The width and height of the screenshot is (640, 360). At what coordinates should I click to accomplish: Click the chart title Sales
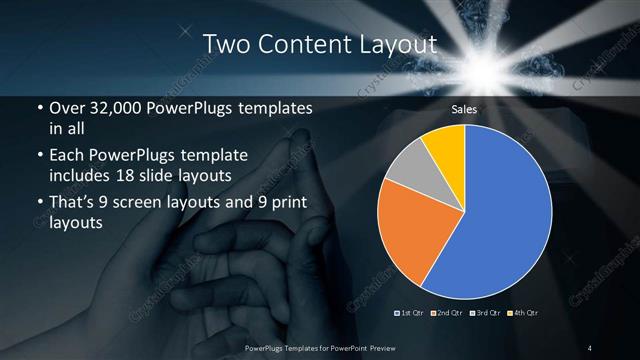(x=463, y=109)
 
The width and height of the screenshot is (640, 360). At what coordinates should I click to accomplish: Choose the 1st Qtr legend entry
(x=411, y=315)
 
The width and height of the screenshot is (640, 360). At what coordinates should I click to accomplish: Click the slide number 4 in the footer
(x=590, y=347)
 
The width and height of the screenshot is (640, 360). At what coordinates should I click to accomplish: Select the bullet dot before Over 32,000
(x=38, y=108)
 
